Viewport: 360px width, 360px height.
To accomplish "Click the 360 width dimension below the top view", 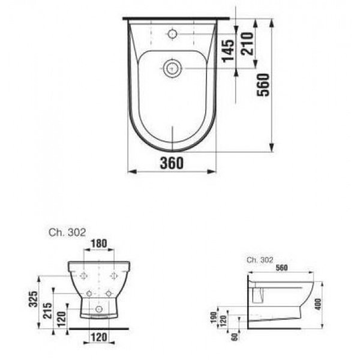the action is tap(172, 163).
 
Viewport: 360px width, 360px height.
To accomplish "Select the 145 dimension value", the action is tap(229, 51).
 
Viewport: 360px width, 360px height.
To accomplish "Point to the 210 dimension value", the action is tap(247, 43).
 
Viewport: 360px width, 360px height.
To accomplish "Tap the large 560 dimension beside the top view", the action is tap(263, 85).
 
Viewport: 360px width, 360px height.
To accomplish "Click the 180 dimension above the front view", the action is tap(99, 243).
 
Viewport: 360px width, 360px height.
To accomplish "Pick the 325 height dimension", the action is tap(33, 299).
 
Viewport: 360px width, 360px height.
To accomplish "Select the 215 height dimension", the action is tap(48, 310).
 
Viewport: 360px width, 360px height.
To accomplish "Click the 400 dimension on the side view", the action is tap(318, 304).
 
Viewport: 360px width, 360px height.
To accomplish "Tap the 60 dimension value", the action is tap(235, 337).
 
